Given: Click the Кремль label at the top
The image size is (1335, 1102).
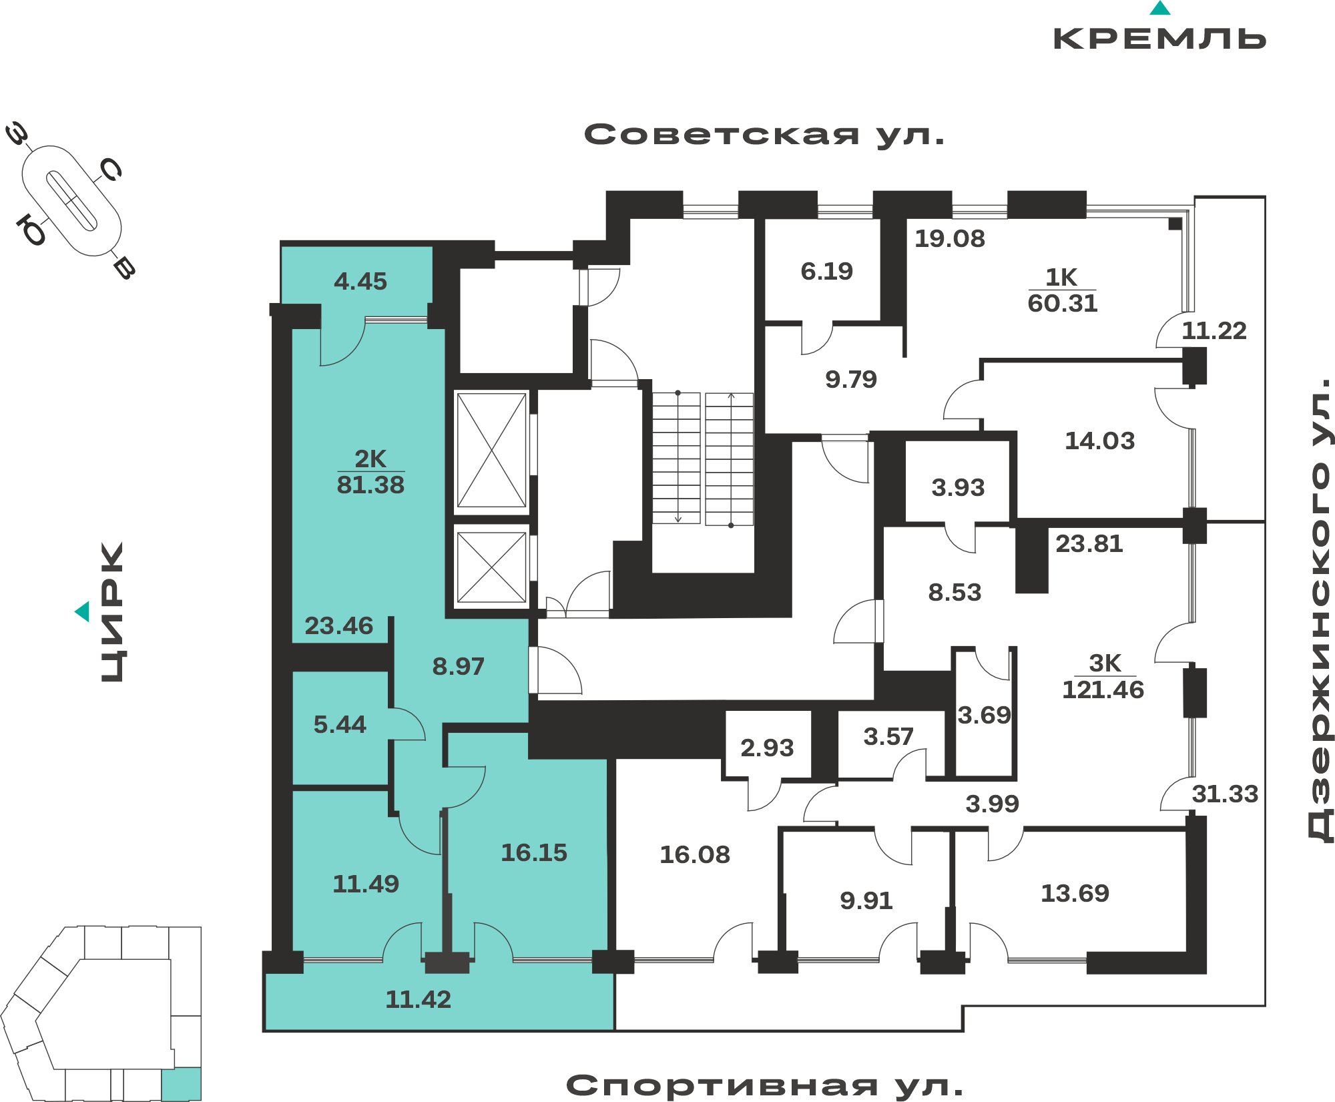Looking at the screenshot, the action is point(1159,39).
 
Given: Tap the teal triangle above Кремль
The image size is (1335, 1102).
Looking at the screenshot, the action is point(1160,8).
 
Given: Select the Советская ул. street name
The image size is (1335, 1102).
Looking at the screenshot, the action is point(765,135).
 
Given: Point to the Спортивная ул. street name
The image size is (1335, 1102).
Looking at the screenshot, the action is point(765,1086).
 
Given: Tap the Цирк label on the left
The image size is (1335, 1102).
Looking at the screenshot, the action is point(112,612).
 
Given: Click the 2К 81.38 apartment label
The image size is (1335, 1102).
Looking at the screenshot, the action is point(370,472).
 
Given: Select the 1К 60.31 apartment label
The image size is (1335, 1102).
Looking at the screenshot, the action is point(1062,290).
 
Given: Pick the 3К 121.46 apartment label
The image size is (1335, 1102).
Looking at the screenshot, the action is point(1103,677).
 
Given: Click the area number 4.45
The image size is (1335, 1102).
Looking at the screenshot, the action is point(360,282).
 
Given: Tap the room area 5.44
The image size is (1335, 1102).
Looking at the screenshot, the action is point(340,725).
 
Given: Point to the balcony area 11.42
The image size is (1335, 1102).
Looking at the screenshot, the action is point(419,1000).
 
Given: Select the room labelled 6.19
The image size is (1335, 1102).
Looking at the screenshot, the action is point(827,272).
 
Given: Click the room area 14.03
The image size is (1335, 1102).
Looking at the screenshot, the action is point(1100,441).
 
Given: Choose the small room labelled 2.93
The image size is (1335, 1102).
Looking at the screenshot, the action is point(767,748).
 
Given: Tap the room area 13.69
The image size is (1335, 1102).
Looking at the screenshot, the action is point(1075,894).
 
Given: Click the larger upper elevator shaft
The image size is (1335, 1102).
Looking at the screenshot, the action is point(492,451).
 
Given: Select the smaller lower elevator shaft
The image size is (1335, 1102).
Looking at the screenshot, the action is point(492,567).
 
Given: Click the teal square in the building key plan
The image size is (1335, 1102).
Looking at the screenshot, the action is point(182,1084).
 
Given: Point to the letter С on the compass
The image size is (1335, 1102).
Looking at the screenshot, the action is point(110,170).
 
